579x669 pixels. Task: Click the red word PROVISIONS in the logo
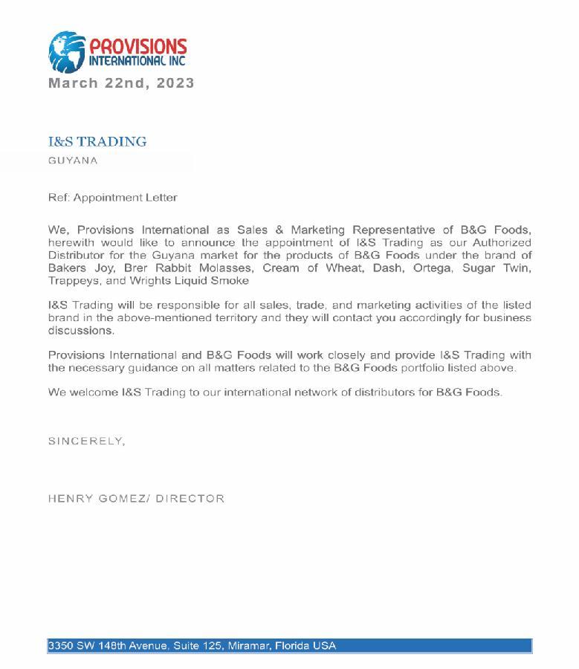138,47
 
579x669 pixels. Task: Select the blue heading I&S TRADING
97,141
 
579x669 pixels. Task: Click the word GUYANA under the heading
73,161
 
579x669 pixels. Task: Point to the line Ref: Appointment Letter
113,198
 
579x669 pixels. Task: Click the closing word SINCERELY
85,442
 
